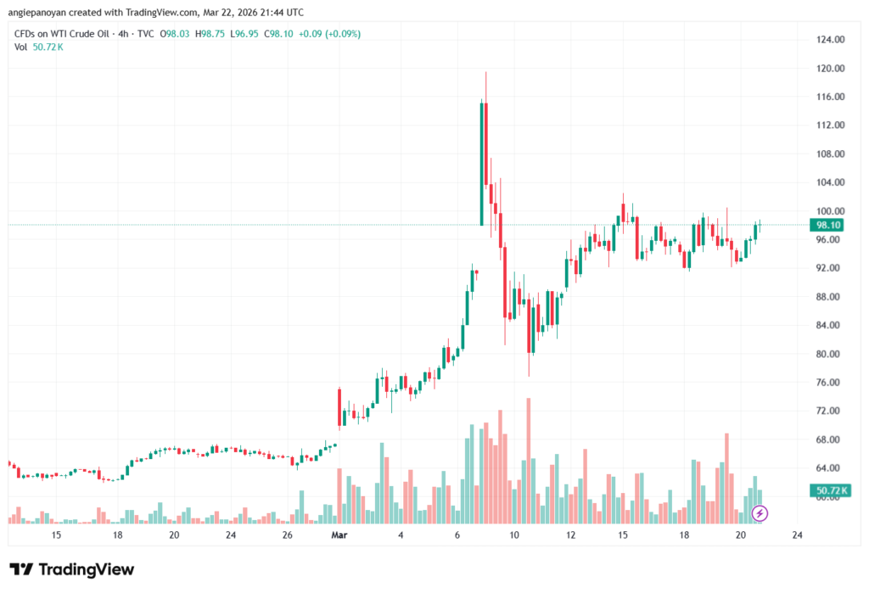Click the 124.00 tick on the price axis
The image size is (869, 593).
(x=830, y=40)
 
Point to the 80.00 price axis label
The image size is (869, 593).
(x=830, y=354)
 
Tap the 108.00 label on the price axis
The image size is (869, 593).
(x=830, y=154)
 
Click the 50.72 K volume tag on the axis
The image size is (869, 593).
(x=830, y=490)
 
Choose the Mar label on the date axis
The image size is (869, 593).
(x=339, y=535)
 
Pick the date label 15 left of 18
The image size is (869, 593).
(x=56, y=535)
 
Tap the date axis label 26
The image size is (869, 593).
(x=288, y=535)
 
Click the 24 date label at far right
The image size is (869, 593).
(x=797, y=535)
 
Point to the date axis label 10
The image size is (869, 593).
(x=514, y=535)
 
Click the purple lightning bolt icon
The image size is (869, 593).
(x=760, y=512)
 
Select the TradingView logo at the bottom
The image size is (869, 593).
(x=71, y=569)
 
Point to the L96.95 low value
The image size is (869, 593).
(x=246, y=34)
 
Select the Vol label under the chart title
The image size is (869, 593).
(x=21, y=47)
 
